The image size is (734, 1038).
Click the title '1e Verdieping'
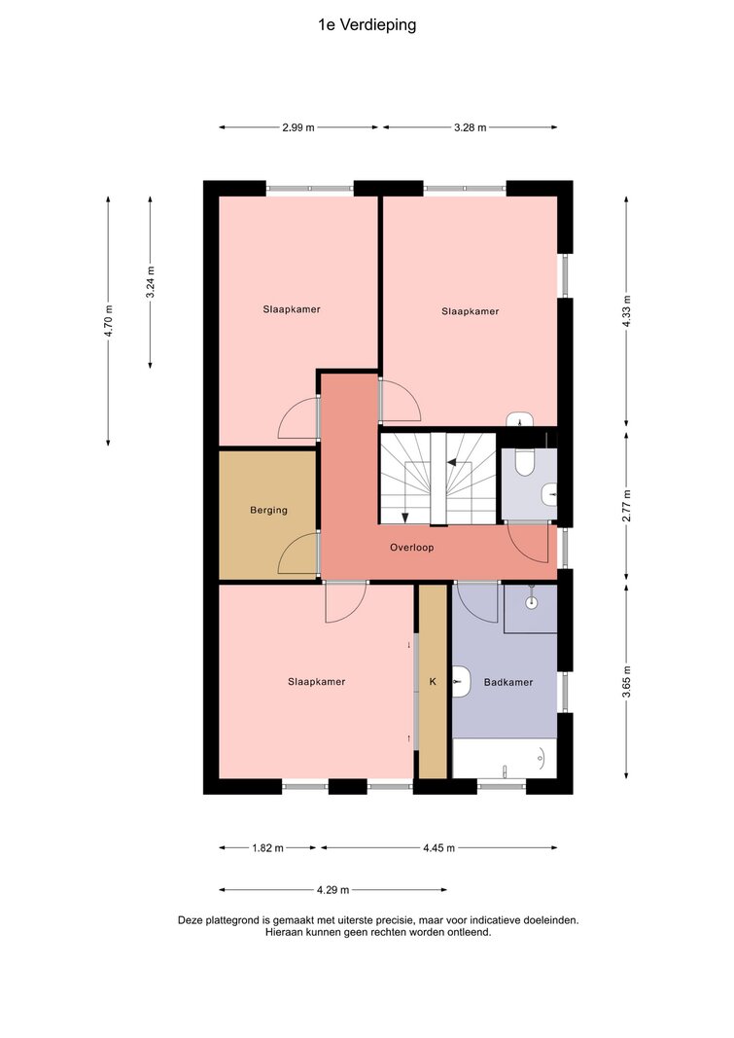tap(367, 25)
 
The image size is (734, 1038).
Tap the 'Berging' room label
tap(268, 511)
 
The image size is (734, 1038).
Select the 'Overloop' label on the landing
tap(411, 548)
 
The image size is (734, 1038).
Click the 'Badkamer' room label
tap(507, 682)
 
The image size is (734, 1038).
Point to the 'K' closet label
tap(434, 681)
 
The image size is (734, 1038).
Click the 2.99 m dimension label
tap(298, 127)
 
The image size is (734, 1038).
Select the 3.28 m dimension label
tap(471, 127)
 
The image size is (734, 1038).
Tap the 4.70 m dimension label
tap(109, 321)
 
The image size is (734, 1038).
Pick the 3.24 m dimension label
tap(151, 282)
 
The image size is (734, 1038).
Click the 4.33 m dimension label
tap(627, 312)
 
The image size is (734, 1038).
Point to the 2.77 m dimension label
tap(627, 506)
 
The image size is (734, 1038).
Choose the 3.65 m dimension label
tap(627, 682)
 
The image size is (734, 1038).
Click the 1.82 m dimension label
tap(267, 848)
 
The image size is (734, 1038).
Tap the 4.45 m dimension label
tap(439, 848)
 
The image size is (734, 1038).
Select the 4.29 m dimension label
tap(332, 890)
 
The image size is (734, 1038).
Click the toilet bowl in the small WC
tap(524, 462)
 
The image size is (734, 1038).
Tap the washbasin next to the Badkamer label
tap(461, 682)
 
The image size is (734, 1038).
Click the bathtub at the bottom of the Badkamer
tap(505, 759)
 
